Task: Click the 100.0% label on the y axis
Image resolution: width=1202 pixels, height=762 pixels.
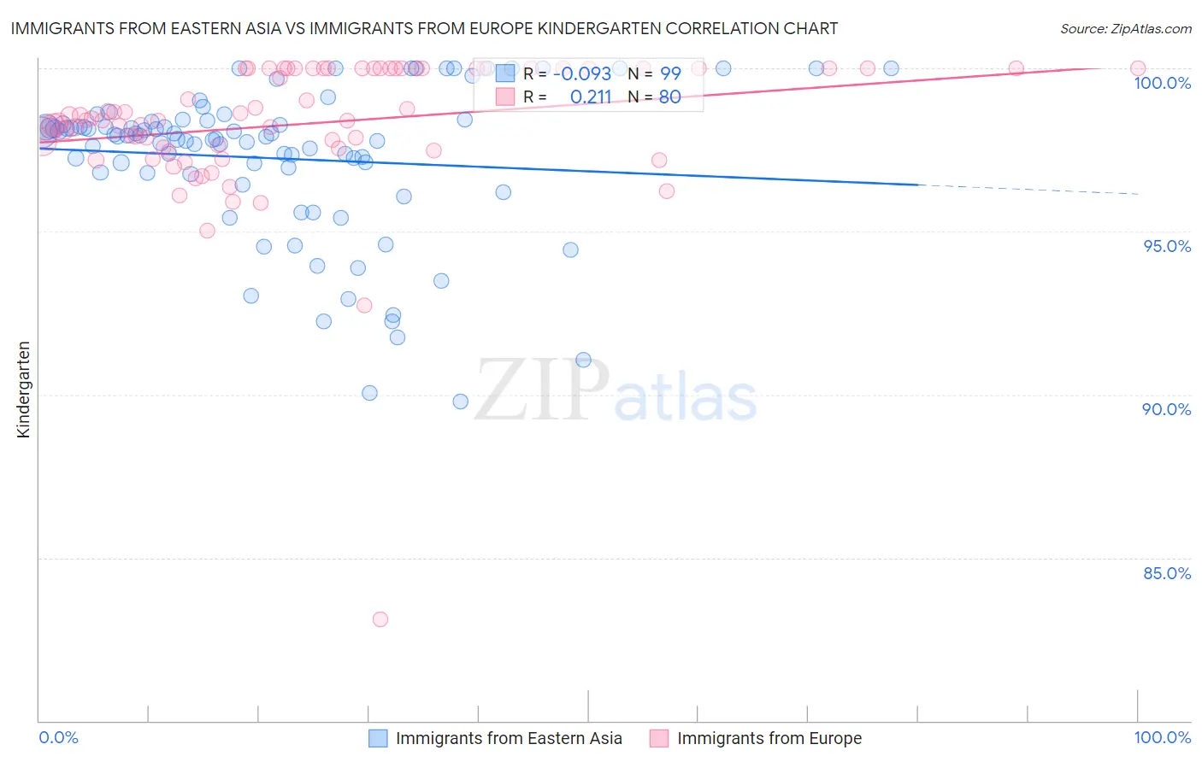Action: pyautogui.click(x=1162, y=83)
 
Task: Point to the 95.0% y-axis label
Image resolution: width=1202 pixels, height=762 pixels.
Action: pyautogui.click(x=1167, y=246)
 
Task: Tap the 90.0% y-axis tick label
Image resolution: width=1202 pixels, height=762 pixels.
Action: pyautogui.click(x=1166, y=409)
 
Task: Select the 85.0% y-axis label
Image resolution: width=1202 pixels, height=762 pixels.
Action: pyautogui.click(x=1167, y=573)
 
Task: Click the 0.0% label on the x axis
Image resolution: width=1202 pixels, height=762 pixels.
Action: pyautogui.click(x=58, y=737)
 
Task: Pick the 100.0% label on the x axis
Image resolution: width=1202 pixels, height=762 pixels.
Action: pyautogui.click(x=1162, y=737)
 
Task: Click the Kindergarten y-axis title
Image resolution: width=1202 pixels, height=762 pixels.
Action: pyautogui.click(x=23, y=390)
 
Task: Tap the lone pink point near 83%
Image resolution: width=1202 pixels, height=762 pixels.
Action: pyautogui.click(x=380, y=619)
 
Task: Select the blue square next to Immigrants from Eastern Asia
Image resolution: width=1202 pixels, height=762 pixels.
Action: pyautogui.click(x=378, y=738)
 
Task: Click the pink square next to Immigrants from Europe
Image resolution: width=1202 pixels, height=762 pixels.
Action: pyautogui.click(x=658, y=738)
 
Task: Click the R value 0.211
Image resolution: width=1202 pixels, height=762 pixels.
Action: pyautogui.click(x=591, y=97)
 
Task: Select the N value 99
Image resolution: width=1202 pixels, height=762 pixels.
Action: pyautogui.click(x=670, y=73)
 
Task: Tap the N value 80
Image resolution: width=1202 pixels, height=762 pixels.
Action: pyautogui.click(x=669, y=97)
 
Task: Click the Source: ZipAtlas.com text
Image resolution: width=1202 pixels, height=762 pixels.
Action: pyautogui.click(x=1125, y=29)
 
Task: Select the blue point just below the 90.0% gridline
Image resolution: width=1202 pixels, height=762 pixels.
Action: pyautogui.click(x=461, y=402)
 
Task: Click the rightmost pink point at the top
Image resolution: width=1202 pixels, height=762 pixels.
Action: pyautogui.click(x=1138, y=68)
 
